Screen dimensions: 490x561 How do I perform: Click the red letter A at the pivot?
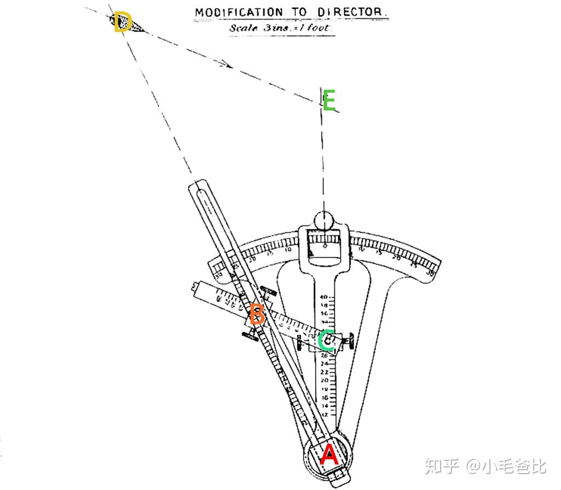point(329,455)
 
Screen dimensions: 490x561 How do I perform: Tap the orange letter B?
point(257,315)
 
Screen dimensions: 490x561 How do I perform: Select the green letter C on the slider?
point(327,340)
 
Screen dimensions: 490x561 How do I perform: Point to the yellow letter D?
point(123,24)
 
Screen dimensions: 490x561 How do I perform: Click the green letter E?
point(329,102)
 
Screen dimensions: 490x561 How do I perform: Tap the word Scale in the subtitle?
point(243,27)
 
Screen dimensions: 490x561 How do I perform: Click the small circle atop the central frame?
point(324,220)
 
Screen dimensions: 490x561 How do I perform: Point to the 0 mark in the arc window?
point(324,245)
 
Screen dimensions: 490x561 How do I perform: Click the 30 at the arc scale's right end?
point(431,272)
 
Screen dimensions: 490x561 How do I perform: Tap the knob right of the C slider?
point(348,342)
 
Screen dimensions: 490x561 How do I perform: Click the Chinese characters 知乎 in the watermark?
point(442,466)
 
